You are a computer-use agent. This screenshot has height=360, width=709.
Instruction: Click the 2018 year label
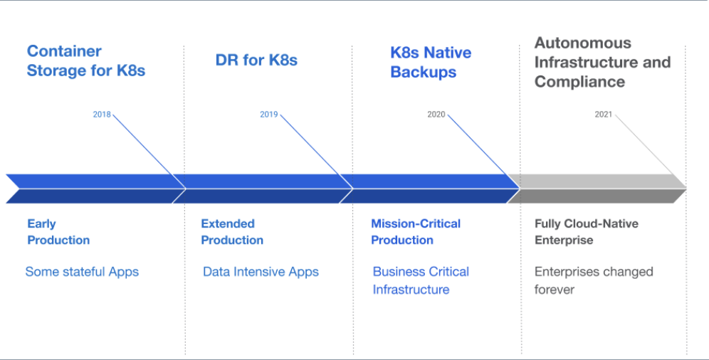coord(102,115)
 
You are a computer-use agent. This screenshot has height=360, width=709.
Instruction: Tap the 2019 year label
coord(268,115)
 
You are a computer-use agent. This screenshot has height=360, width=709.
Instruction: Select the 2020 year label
coord(436,115)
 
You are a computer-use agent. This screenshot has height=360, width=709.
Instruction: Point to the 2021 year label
coord(603,115)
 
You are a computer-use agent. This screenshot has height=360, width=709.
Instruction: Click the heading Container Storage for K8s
coord(86,60)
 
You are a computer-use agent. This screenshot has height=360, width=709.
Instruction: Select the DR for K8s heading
coord(256,60)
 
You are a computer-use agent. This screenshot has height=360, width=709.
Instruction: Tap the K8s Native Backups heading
coord(431,62)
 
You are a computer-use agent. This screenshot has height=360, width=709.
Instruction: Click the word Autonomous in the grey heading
coord(583,43)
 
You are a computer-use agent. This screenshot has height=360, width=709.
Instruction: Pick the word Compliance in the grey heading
coord(579,82)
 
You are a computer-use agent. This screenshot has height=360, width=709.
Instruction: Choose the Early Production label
coord(58,232)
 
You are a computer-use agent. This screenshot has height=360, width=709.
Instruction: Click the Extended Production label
coord(232,232)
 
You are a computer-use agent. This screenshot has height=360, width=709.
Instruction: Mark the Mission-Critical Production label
coord(416,232)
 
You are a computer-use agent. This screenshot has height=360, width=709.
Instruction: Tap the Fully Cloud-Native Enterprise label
coord(587,232)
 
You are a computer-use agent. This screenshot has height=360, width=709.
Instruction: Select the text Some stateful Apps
coord(82,272)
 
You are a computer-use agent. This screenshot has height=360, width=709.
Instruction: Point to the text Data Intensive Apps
coord(261,272)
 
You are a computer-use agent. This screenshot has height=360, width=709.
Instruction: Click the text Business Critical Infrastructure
coord(421,280)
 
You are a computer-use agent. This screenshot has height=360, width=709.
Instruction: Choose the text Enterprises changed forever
coord(594,280)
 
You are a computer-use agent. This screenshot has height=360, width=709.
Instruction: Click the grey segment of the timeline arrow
coord(597,189)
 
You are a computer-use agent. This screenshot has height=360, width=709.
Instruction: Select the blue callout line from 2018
coord(149,152)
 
